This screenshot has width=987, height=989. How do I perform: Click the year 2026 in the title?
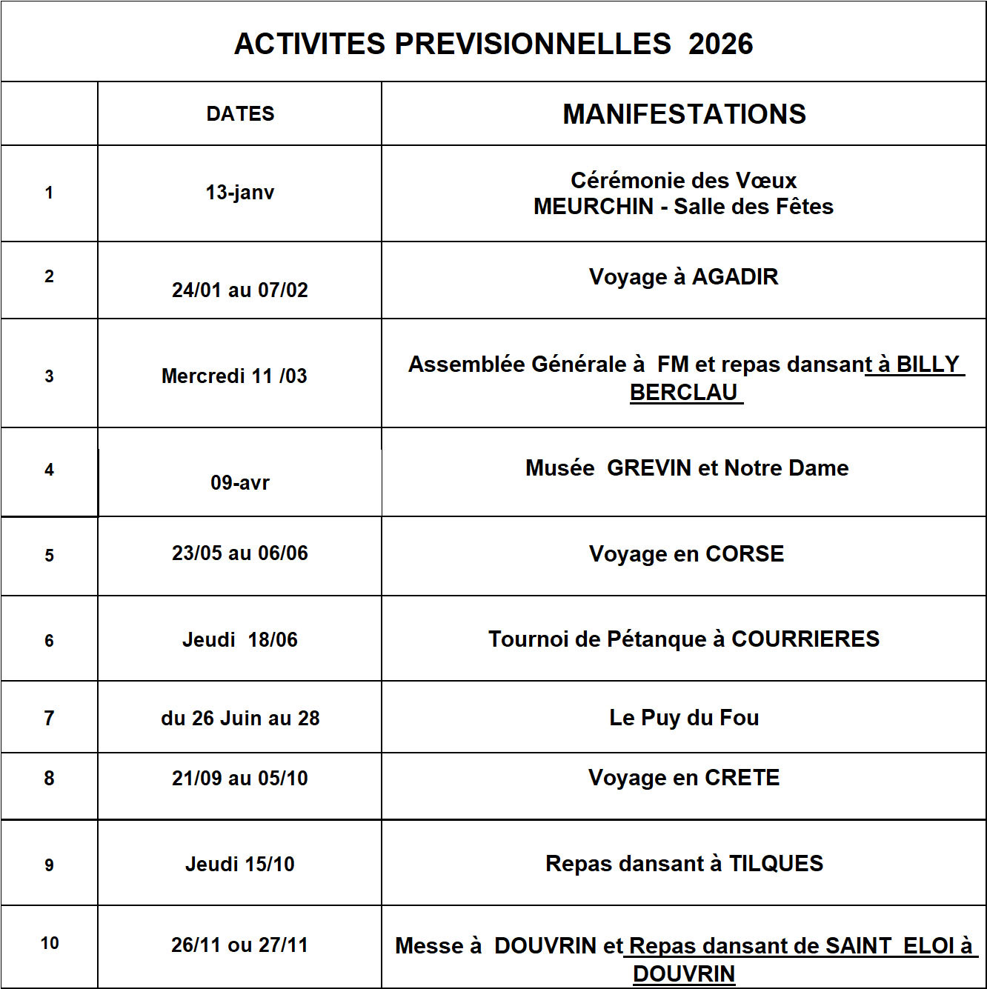click(720, 44)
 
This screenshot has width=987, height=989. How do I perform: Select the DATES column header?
click(240, 114)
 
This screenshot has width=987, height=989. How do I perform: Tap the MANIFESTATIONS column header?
click(684, 114)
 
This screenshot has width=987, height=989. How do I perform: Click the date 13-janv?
click(240, 193)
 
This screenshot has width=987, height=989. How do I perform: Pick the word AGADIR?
click(735, 277)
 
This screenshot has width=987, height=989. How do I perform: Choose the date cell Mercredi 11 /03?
click(234, 376)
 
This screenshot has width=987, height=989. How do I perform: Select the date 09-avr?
click(240, 483)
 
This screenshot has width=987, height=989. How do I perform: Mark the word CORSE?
click(745, 554)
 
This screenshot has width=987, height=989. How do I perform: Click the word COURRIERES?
click(805, 639)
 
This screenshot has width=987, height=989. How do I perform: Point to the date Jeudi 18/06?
click(240, 640)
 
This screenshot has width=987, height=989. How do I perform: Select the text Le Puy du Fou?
click(684, 718)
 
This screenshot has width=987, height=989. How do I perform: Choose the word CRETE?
click(742, 778)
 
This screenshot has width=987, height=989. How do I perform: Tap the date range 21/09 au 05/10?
click(240, 779)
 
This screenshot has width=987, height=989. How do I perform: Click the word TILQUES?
click(776, 864)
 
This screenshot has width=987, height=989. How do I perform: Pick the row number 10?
click(50, 944)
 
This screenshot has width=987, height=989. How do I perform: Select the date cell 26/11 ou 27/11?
click(239, 945)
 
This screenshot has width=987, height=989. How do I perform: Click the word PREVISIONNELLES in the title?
click(533, 44)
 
